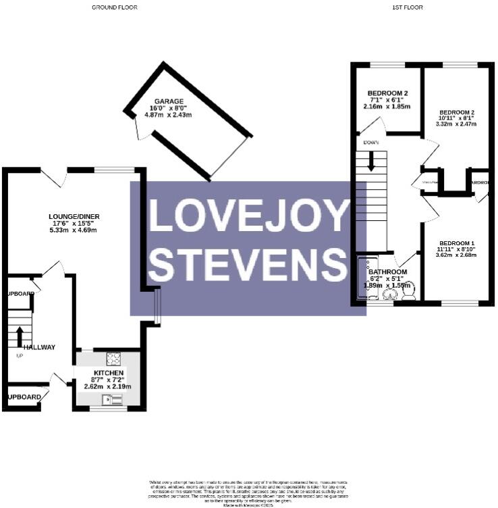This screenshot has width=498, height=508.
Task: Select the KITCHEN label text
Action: [x=108, y=373]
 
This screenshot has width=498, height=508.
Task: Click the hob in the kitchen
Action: [x=113, y=359]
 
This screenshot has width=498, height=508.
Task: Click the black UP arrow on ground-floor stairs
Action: [x=20, y=336]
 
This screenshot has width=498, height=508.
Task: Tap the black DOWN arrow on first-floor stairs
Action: [x=370, y=161]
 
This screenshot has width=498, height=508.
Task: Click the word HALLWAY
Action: [x=40, y=347]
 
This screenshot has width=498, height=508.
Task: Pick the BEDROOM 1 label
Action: [x=457, y=243]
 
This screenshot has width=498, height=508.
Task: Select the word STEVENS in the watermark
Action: [x=248, y=264]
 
